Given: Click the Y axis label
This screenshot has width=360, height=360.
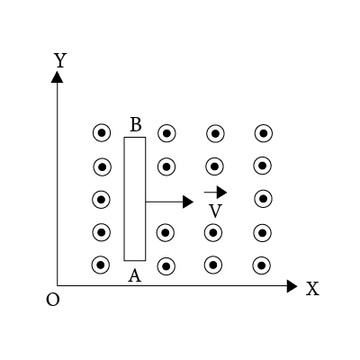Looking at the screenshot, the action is point(60,60).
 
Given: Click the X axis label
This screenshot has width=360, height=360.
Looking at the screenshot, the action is point(312,289).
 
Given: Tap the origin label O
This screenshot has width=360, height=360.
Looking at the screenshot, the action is point(53,299).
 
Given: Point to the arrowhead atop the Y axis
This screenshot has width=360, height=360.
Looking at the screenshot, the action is point(57,76).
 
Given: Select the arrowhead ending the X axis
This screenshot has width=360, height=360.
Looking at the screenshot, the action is point(292,286).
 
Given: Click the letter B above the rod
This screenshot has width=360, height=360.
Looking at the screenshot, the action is point(136,124).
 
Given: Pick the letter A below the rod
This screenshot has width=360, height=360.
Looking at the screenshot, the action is point(134,275).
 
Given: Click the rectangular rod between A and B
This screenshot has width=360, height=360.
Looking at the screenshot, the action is point(135,199).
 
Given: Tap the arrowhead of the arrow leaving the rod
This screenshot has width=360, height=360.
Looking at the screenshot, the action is point(188,202).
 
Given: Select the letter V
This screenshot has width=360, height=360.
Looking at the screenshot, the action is point(215,211).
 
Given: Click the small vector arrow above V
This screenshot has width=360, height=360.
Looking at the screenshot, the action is point(215,193).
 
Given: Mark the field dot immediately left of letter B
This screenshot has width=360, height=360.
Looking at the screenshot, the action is point(102,133).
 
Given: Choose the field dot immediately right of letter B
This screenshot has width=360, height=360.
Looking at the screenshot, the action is point(166,133).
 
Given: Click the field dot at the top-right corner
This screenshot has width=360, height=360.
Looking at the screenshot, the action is point(264,133).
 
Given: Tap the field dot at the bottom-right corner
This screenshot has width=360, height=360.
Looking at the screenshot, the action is point(262,265).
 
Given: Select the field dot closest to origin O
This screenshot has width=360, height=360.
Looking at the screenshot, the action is point(101,265).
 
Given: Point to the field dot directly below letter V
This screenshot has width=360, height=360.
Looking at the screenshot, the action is point(213,232).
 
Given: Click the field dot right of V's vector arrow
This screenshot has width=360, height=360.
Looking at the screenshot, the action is point(264,199).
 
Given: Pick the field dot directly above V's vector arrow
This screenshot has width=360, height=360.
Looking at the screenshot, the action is point(214,166).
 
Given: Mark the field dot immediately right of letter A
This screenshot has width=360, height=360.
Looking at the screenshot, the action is point(166,266).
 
